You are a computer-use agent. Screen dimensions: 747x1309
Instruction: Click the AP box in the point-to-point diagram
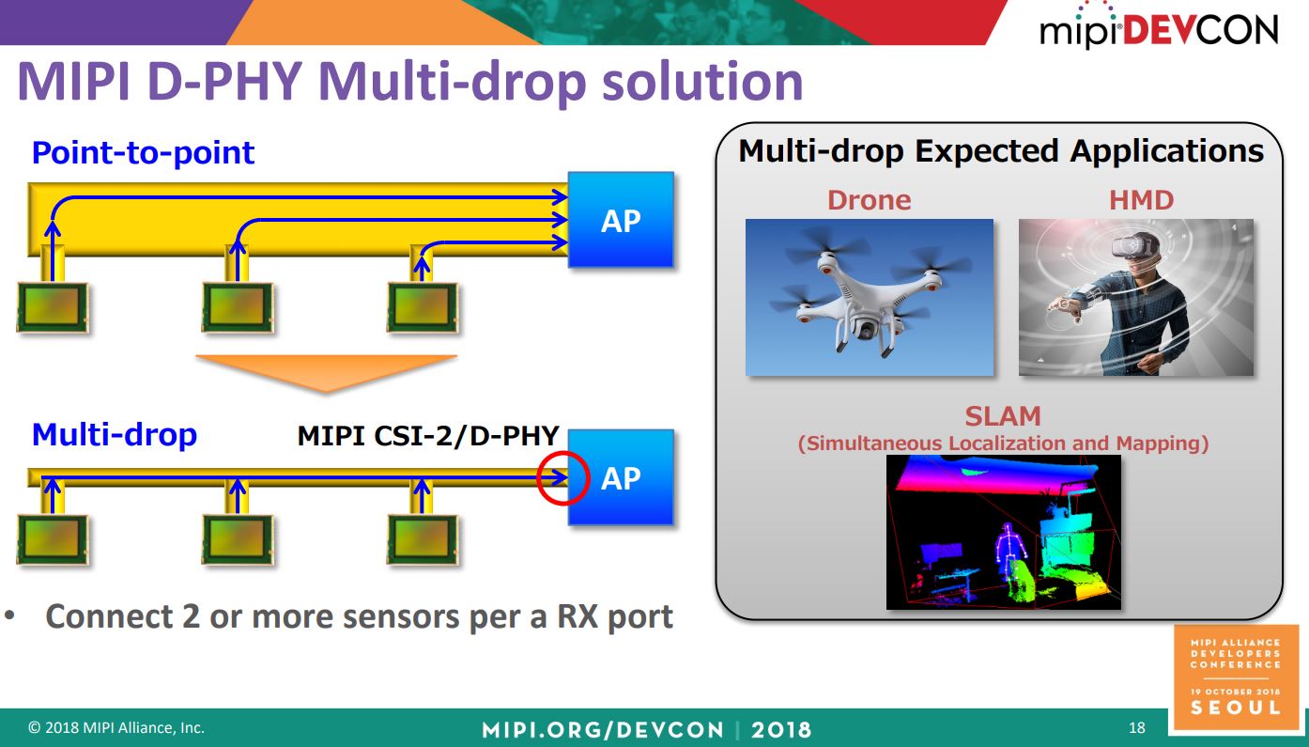(x=621, y=220)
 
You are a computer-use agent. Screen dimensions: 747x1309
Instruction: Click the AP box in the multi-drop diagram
(x=621, y=477)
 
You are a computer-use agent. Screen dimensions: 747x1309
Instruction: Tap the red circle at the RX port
(x=562, y=477)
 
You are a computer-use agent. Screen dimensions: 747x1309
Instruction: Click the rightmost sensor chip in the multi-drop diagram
(x=423, y=537)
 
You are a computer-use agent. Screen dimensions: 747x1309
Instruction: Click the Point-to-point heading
(x=143, y=152)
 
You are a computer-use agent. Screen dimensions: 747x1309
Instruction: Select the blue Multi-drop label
(x=115, y=435)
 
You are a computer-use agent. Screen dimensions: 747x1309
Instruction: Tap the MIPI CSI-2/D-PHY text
(x=428, y=436)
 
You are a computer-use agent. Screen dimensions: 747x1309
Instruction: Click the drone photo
(x=869, y=297)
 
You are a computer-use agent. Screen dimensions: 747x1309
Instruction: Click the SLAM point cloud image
(x=1003, y=532)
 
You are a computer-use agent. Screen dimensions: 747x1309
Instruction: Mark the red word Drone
(x=869, y=200)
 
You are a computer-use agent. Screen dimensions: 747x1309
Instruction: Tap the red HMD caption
(x=1141, y=200)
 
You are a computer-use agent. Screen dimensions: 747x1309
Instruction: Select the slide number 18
(x=1137, y=728)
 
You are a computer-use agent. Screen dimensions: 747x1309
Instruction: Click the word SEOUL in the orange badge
(x=1235, y=708)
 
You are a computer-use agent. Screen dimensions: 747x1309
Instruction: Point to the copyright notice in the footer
(x=116, y=728)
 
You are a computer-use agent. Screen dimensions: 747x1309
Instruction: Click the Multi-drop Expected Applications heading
(x=1001, y=151)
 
